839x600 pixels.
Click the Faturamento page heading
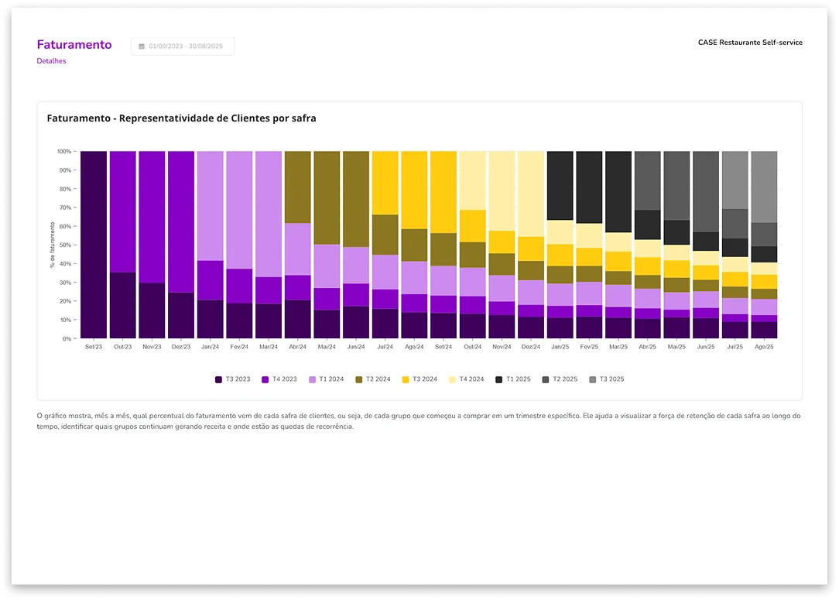coord(74,45)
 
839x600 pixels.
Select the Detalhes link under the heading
coord(51,61)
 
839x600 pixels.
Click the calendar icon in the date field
coord(142,46)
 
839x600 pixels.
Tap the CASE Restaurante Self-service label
coord(750,43)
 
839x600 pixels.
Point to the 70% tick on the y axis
coord(64,207)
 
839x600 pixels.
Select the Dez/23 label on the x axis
coord(180,347)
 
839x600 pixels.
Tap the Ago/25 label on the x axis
coord(763,347)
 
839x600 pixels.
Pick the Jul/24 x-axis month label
coord(385,347)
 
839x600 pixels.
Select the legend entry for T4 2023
coord(280,379)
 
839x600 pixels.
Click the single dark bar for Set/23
coord(94,245)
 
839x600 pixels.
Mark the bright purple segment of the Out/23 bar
coord(122,211)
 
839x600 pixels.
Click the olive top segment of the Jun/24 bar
coord(356,199)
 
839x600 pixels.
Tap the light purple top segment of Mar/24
coord(269,214)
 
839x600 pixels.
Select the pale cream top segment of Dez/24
coord(531,194)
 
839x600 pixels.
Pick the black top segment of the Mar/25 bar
coord(618,191)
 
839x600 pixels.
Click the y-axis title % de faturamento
coord(52,245)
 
